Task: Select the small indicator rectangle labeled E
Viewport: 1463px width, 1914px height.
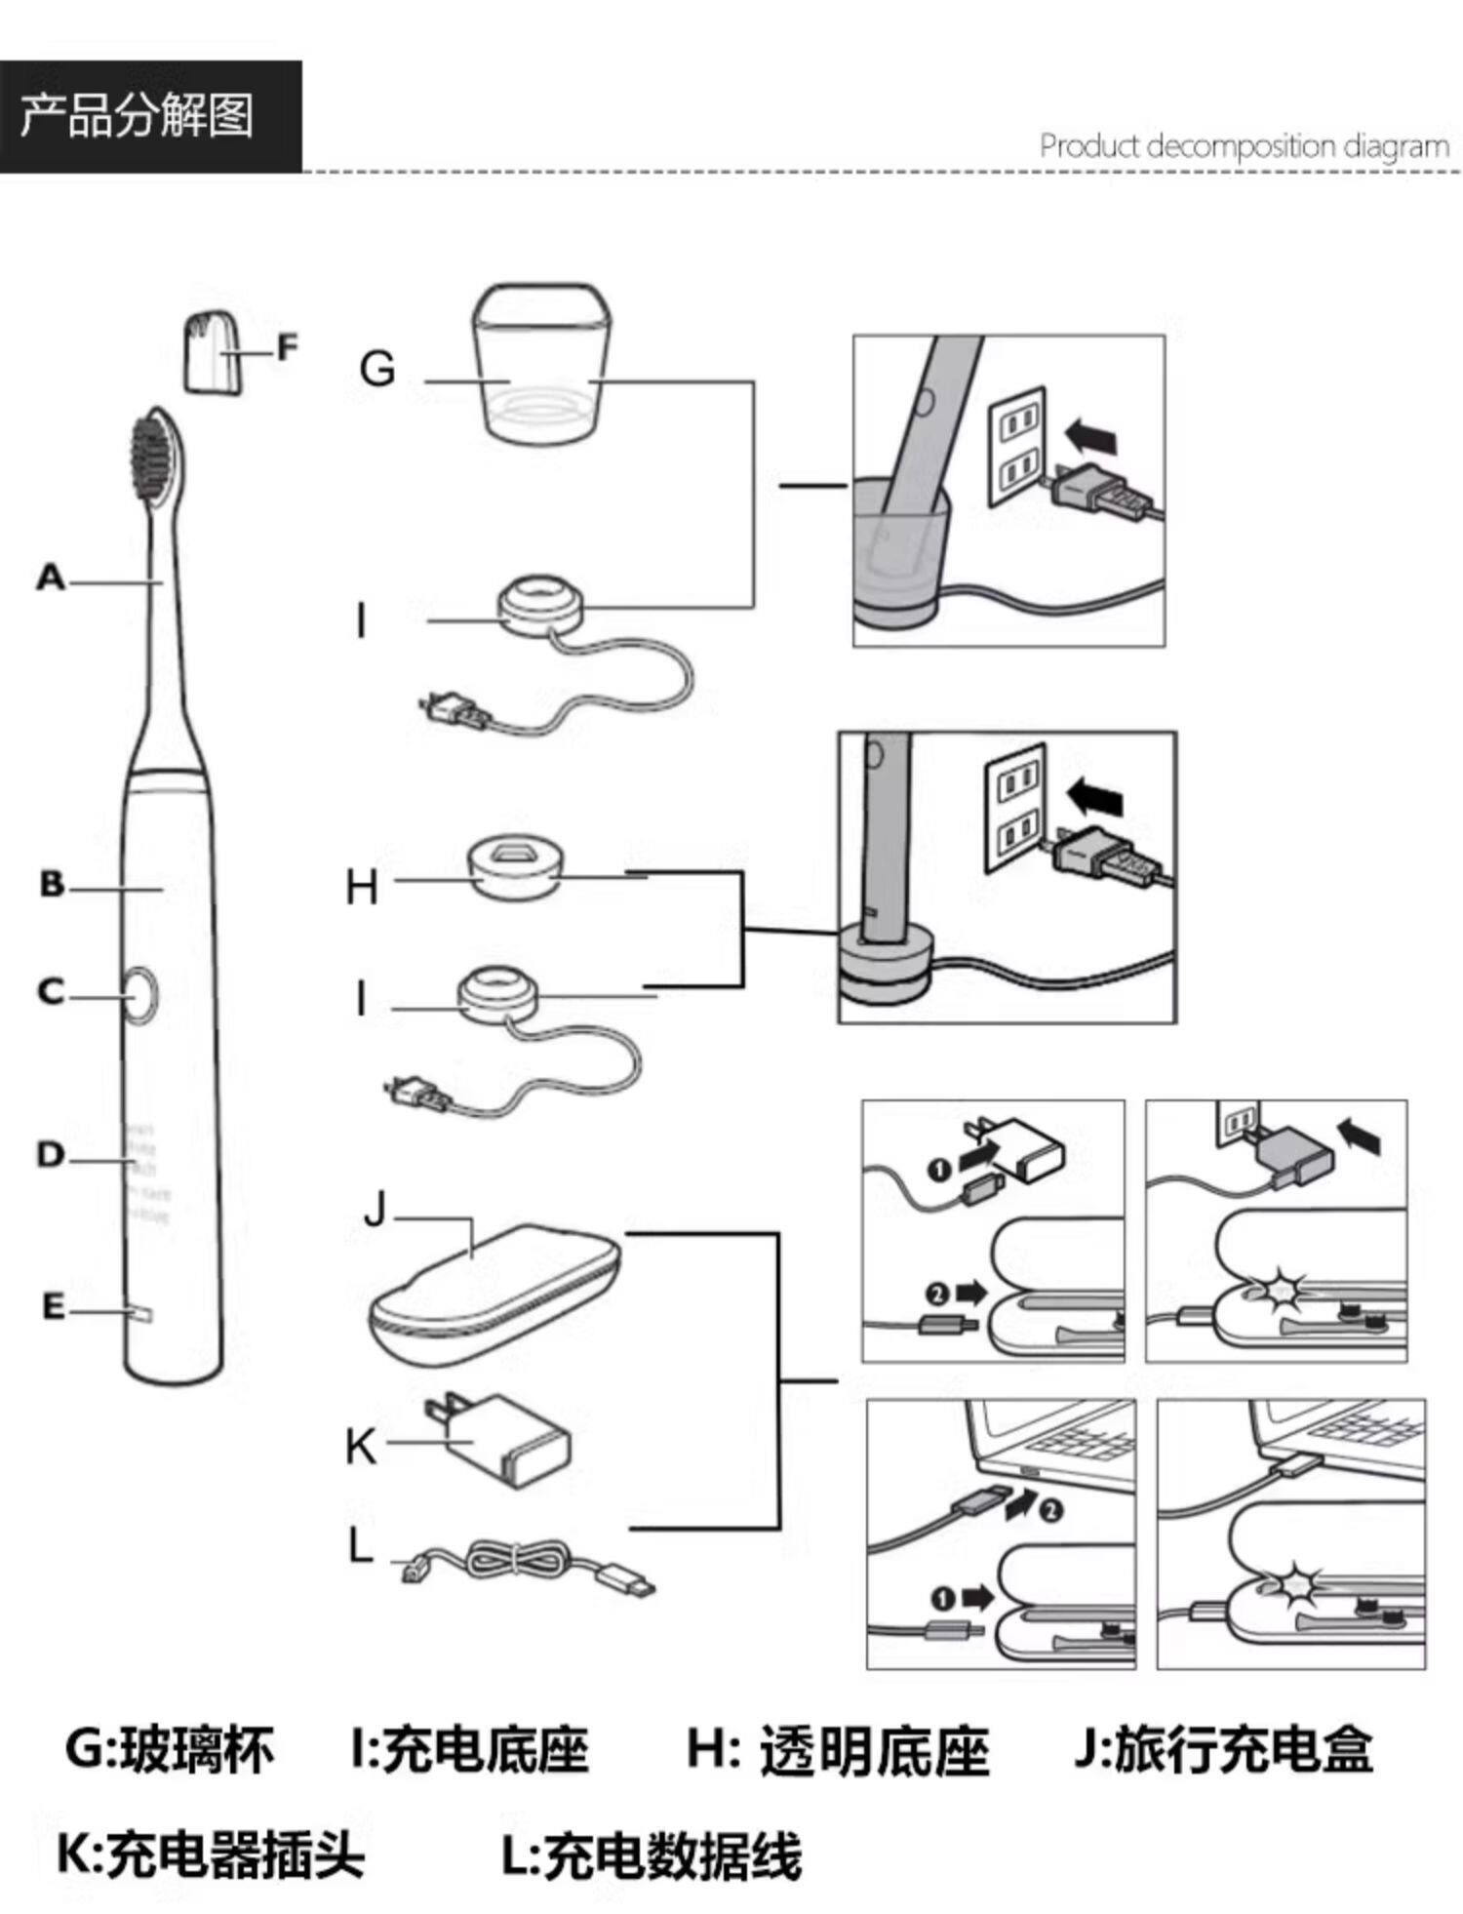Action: [140, 1313]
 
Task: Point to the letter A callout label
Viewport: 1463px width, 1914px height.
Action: [51, 578]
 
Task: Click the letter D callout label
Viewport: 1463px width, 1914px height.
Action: [51, 1155]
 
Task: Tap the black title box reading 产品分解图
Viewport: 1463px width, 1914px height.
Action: [150, 116]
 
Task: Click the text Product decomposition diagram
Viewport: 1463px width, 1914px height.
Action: [1244, 147]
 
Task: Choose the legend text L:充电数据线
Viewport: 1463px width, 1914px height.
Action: [652, 1854]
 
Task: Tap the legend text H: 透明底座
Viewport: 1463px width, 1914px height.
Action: [838, 1749]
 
